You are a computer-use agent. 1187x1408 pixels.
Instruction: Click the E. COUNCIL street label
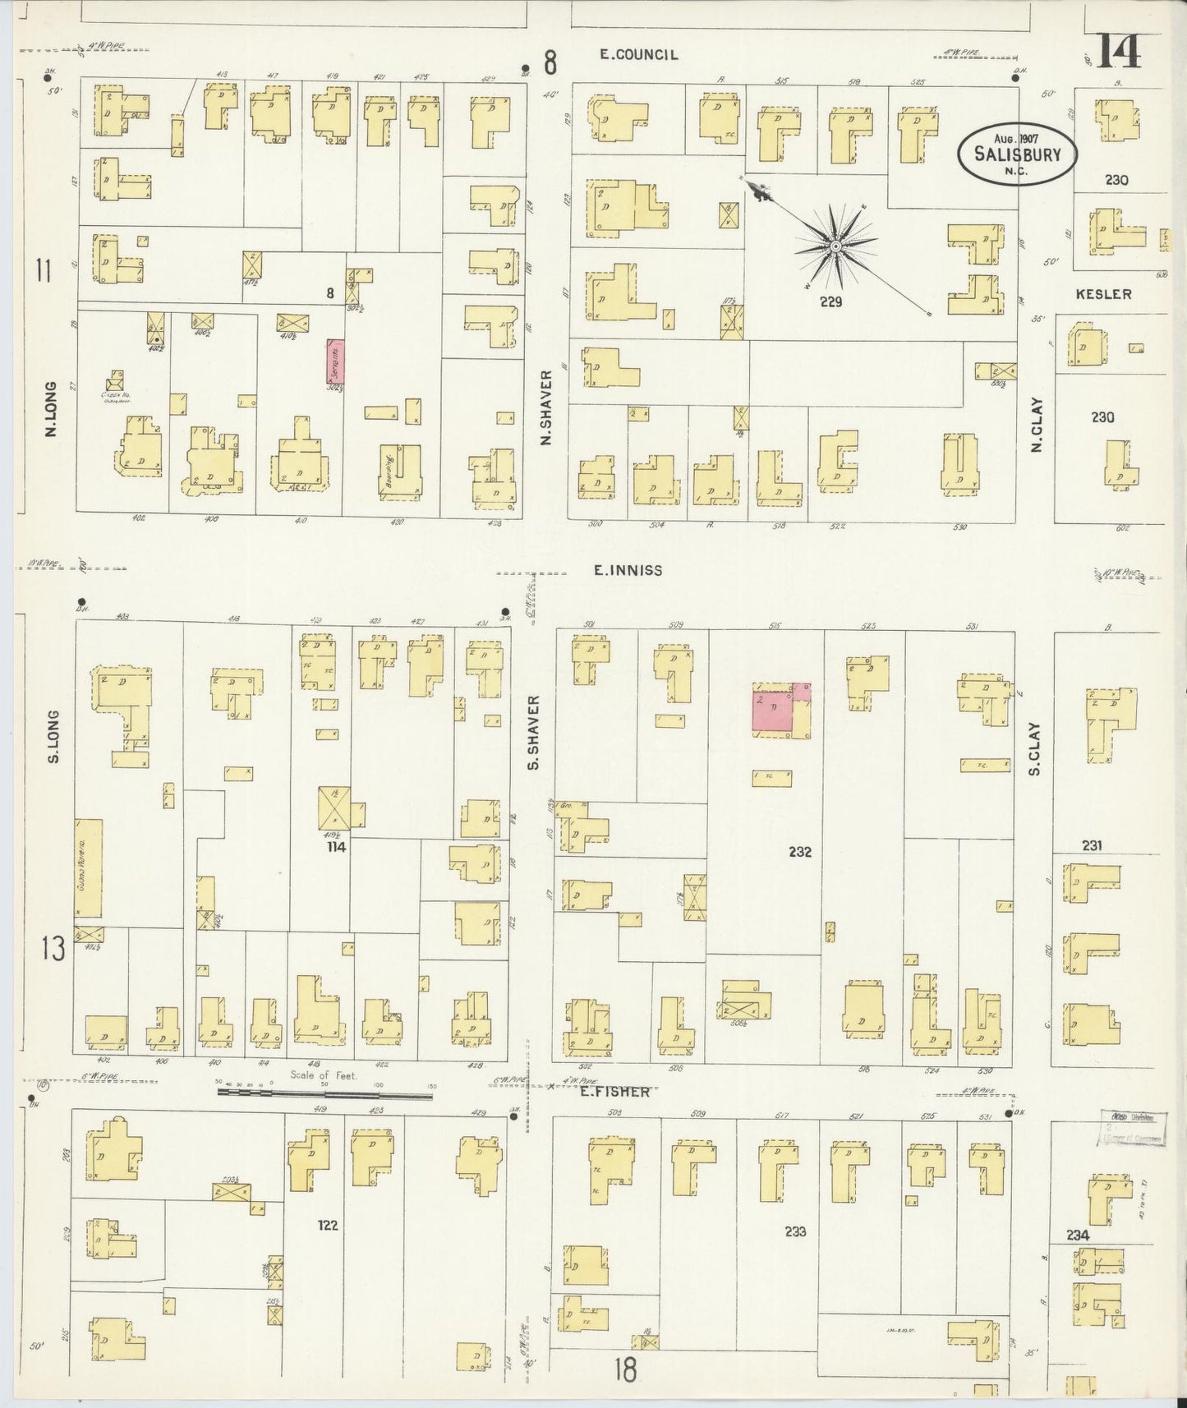pyautogui.click(x=638, y=55)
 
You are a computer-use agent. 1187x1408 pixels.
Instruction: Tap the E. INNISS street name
pyautogui.click(x=628, y=569)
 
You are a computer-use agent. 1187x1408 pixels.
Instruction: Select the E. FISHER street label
pyautogui.click(x=614, y=1092)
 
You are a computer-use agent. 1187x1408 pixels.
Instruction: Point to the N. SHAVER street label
pyautogui.click(x=546, y=407)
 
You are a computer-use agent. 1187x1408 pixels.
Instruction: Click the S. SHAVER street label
pyautogui.click(x=533, y=732)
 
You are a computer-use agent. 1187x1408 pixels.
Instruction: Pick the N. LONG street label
pyautogui.click(x=51, y=408)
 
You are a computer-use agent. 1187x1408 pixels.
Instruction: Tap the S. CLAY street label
pyautogui.click(x=1034, y=748)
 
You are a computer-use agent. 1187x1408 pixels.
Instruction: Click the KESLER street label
pyautogui.click(x=1103, y=294)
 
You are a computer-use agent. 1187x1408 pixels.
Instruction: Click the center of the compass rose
pyautogui.click(x=835, y=246)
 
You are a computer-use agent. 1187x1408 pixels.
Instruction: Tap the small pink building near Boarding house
pyautogui.click(x=335, y=361)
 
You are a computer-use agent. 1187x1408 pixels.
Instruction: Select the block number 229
pyautogui.click(x=830, y=302)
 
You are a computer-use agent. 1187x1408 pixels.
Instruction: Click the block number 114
pyautogui.click(x=335, y=847)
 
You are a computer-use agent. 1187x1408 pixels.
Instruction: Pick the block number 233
pyautogui.click(x=795, y=1231)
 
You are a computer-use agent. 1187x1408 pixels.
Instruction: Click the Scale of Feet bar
pyautogui.click(x=324, y=1093)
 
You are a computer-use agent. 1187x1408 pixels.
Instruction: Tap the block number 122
pyautogui.click(x=328, y=1225)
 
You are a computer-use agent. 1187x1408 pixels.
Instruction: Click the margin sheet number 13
pyautogui.click(x=53, y=950)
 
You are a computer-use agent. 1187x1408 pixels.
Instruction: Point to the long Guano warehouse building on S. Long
pyautogui.click(x=89, y=867)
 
